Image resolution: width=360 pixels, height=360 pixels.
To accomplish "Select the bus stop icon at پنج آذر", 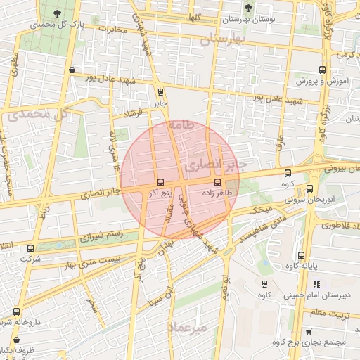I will (161, 182).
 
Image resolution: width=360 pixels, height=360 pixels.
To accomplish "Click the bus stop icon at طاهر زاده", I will (217, 182).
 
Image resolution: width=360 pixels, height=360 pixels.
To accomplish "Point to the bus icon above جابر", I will (161, 91).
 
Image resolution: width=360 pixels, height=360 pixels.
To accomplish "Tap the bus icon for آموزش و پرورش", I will (322, 70).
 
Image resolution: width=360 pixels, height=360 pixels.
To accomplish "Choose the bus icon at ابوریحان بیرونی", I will (310, 188).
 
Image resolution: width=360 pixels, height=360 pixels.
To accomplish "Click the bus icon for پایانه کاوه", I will (301, 255).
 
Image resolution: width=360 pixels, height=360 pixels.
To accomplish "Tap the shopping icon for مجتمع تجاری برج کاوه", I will (309, 331).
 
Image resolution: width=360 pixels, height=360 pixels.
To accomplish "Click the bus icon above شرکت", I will (29, 247).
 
